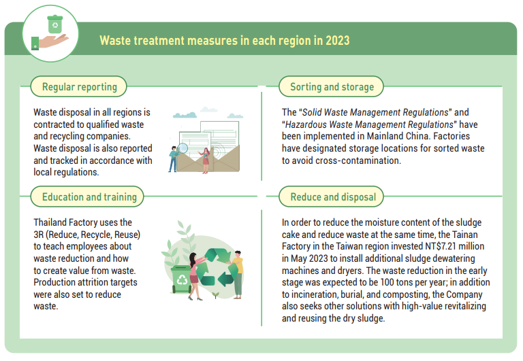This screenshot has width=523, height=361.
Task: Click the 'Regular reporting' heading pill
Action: [79, 86]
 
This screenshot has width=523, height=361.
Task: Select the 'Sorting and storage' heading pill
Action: [331, 86]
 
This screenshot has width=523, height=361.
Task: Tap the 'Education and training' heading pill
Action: [87, 197]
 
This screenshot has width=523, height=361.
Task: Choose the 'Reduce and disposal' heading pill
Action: [331, 197]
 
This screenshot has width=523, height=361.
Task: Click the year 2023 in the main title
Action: [338, 40]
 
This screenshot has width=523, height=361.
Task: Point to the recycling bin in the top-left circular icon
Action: [55, 24]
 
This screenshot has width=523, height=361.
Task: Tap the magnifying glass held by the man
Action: [182, 148]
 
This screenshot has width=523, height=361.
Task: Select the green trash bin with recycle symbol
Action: [180, 279]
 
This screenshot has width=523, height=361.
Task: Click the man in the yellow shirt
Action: [237, 275]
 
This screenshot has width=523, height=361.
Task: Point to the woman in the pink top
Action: [195, 277]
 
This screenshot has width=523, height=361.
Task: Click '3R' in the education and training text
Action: [39, 235]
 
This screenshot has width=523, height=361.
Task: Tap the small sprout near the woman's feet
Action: [216, 295]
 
